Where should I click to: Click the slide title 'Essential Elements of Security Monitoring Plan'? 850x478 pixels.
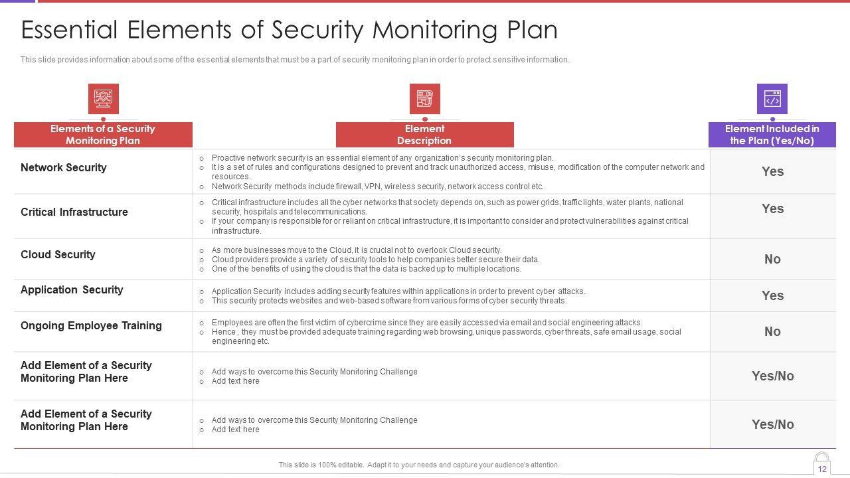(289, 31)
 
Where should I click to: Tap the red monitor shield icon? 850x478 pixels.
(104, 99)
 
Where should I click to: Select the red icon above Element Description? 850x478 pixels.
(425, 99)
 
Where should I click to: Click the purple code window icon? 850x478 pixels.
(772, 99)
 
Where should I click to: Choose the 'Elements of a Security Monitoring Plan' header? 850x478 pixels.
(103, 135)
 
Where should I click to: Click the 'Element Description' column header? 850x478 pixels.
(424, 135)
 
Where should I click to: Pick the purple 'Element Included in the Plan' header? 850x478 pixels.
(772, 135)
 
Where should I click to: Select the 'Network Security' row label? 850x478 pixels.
(64, 168)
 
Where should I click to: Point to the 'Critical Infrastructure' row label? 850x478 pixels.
(74, 212)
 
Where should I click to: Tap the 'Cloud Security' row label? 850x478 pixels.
(58, 255)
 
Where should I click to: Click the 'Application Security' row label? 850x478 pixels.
(72, 290)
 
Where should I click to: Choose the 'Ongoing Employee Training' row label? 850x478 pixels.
(91, 326)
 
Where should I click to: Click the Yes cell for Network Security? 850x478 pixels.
(772, 171)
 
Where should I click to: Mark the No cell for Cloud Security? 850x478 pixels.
(772, 260)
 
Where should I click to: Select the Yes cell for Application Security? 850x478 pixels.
(772, 296)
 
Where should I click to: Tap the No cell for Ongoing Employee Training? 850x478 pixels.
(772, 332)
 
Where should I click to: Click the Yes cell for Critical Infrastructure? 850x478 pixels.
(772, 208)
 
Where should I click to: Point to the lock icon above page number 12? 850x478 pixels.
(822, 458)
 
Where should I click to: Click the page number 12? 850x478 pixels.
(822, 469)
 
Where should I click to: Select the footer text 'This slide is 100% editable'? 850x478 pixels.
(419, 465)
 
